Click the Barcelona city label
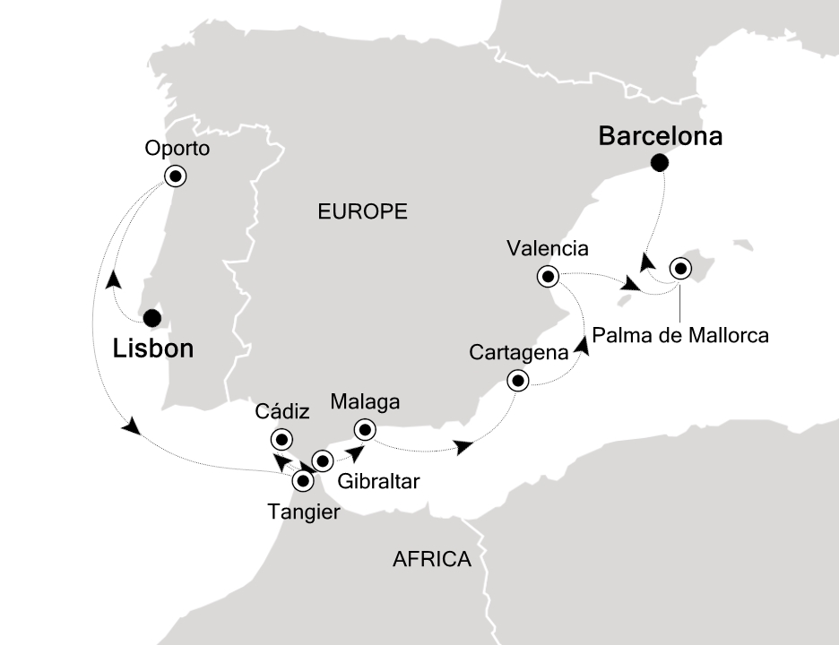click(x=661, y=137)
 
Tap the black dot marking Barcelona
click(x=661, y=162)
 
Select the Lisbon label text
click(x=153, y=348)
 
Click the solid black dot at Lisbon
click(x=152, y=317)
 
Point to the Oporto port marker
click(x=176, y=176)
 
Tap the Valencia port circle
click(x=547, y=276)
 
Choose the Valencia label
click(x=547, y=248)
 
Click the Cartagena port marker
click(x=518, y=382)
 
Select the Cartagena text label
click(x=519, y=353)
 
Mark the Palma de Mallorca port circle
click(x=679, y=268)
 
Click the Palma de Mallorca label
click(x=679, y=337)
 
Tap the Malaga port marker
click(x=364, y=428)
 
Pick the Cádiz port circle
click(x=282, y=439)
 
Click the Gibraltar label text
click(x=378, y=482)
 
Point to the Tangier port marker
click(x=303, y=482)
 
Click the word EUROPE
click(x=362, y=212)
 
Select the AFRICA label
click(x=432, y=560)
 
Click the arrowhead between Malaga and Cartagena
click(x=464, y=446)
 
